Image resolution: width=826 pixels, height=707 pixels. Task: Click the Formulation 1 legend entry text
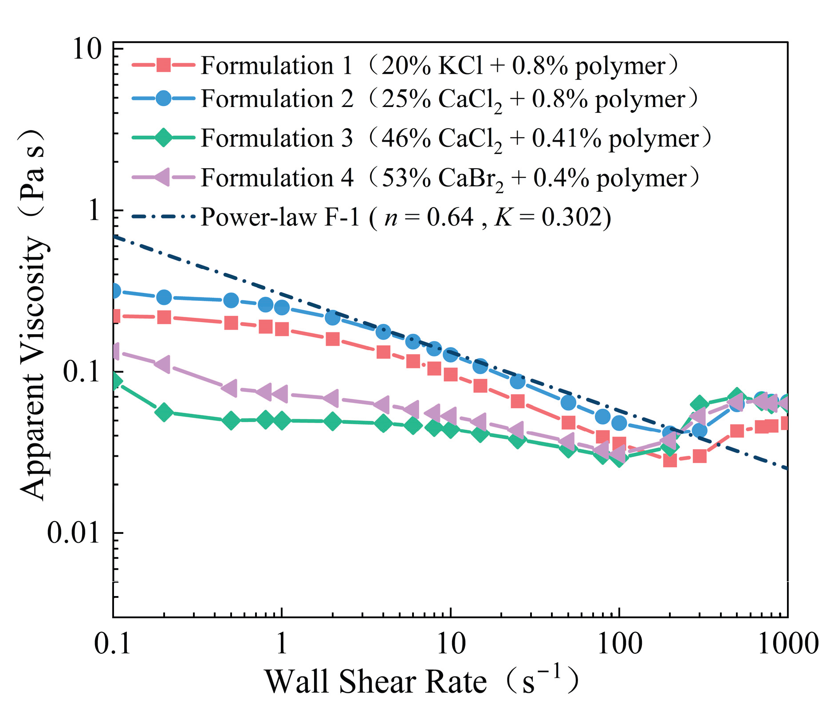(x=439, y=66)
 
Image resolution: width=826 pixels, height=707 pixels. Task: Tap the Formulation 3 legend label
(x=456, y=138)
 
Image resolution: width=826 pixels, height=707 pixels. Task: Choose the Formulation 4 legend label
(x=450, y=178)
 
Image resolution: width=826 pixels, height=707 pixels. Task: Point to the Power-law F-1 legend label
(x=406, y=217)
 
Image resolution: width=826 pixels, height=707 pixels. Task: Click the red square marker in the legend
(x=164, y=65)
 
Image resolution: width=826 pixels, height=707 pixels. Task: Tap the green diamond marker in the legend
(x=164, y=138)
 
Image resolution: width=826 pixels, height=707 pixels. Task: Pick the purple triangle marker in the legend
(x=162, y=177)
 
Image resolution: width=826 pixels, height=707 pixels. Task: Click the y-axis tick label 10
(x=87, y=49)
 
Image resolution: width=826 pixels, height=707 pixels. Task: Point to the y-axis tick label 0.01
(x=73, y=533)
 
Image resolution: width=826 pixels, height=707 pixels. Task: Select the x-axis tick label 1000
(x=788, y=644)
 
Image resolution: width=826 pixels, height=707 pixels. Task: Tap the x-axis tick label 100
(x=619, y=644)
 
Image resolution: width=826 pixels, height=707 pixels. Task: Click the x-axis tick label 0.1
(x=113, y=644)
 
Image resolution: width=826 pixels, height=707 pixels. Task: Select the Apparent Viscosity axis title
(x=34, y=315)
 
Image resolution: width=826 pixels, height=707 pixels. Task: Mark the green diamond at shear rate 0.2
(x=164, y=412)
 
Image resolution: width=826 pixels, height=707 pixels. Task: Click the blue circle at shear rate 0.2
(x=164, y=297)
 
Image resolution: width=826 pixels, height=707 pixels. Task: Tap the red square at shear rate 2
(x=332, y=339)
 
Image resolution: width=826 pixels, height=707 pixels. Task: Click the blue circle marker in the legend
(x=164, y=98)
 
